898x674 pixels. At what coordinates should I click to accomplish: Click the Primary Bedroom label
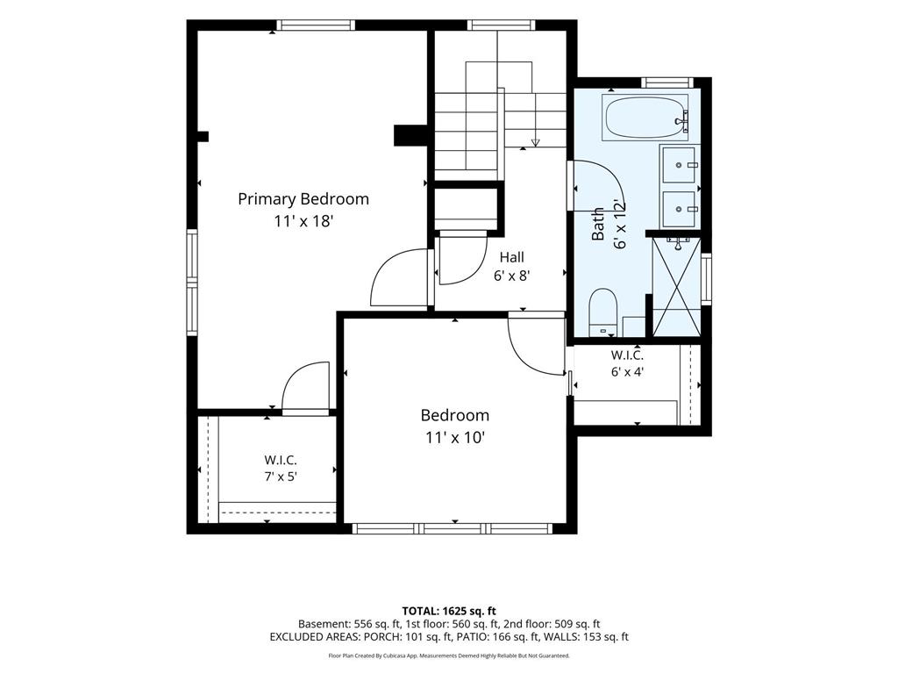point(303,199)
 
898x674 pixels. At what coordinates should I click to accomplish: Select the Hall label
point(511,257)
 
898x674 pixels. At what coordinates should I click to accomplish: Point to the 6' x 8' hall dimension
point(511,276)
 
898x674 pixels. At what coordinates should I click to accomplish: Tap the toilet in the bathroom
point(602,312)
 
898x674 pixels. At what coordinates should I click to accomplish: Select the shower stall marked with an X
point(676,287)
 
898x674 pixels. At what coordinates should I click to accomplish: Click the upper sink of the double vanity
point(679,165)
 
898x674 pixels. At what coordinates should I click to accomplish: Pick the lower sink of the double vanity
point(679,209)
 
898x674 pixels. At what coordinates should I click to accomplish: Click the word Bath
point(597,224)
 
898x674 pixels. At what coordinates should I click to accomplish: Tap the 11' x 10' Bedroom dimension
point(455,438)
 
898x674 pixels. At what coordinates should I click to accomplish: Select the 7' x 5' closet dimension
point(281,477)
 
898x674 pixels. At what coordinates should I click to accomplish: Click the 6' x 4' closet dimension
point(627,371)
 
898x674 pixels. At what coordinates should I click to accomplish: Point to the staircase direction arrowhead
point(536,142)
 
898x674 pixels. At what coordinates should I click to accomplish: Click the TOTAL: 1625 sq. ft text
point(445,611)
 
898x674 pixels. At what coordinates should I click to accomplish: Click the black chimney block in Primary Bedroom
point(410,136)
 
